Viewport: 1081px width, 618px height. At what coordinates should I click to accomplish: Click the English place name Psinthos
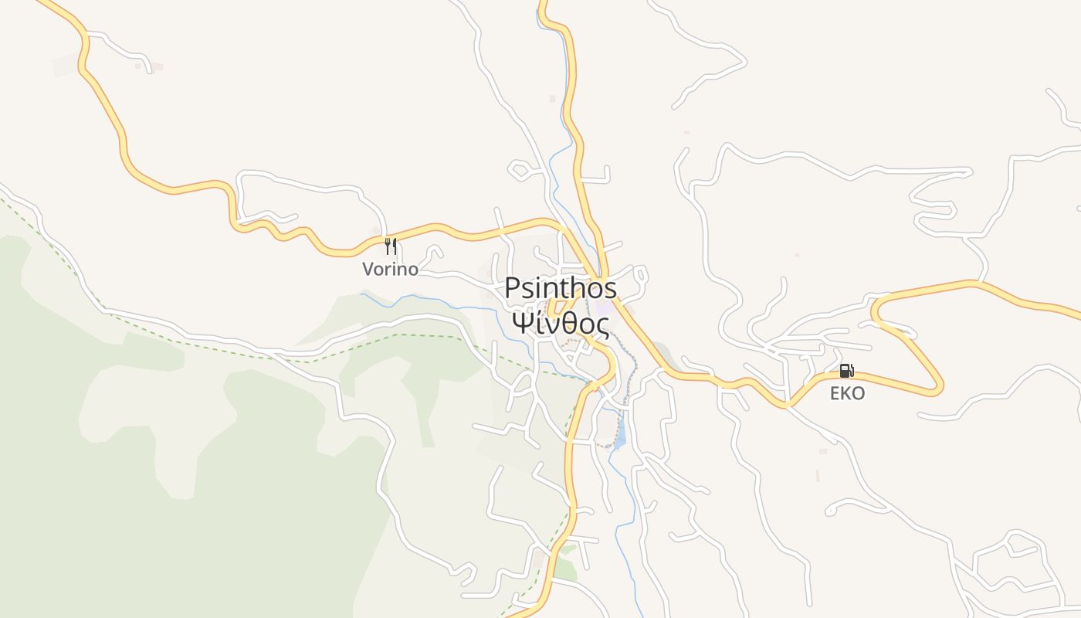pos(561,288)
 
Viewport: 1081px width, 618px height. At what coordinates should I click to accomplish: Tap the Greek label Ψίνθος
pos(561,321)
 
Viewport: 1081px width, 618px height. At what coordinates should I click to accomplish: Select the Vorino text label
pos(391,270)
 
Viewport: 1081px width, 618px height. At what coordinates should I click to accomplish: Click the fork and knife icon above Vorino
pos(391,246)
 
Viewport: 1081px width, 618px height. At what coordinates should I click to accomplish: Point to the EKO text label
pos(847,393)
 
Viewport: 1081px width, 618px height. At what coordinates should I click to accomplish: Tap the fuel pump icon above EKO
pos(846,371)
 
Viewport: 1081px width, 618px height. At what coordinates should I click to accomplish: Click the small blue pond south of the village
pos(620,438)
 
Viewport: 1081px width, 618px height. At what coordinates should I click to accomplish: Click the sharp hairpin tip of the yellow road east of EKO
pos(939,386)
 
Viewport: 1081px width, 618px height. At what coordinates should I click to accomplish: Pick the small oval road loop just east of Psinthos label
pos(640,275)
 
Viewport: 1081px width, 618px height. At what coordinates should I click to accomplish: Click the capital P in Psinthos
pos(512,288)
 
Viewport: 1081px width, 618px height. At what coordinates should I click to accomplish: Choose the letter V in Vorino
pos(369,270)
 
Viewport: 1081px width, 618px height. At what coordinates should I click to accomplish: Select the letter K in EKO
pos(847,393)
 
